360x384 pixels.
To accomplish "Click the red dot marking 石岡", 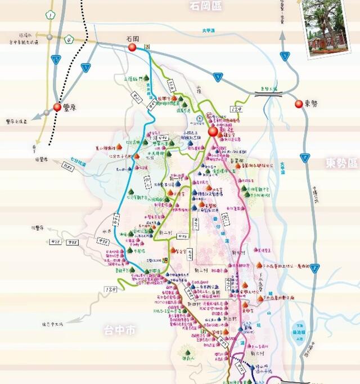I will [133, 48].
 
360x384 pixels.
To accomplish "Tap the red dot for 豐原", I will [57, 107].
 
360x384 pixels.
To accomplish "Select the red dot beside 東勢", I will [299, 104].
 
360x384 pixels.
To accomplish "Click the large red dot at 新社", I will [213, 132].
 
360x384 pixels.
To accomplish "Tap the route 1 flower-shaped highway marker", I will [51, 14].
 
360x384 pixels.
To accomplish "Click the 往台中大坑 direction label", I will [53, 324].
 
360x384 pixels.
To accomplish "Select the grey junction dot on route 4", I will [50, 37].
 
